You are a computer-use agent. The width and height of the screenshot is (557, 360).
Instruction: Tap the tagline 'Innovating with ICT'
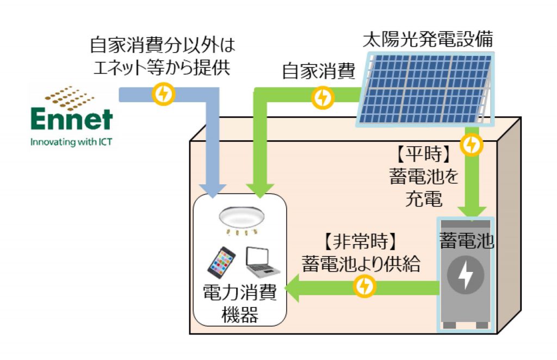point(72,144)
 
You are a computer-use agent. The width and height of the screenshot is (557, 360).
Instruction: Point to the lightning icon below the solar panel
point(471,145)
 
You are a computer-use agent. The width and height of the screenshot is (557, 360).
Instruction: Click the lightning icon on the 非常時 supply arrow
point(364,286)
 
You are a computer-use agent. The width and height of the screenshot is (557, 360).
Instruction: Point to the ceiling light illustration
point(240,219)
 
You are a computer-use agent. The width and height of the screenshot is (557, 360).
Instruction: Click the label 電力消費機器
point(240,305)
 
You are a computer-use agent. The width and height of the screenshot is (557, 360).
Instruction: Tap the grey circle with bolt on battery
point(466,275)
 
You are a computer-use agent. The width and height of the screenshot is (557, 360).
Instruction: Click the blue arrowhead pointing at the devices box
point(216,188)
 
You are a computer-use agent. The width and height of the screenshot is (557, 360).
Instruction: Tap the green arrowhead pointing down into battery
point(471,209)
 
